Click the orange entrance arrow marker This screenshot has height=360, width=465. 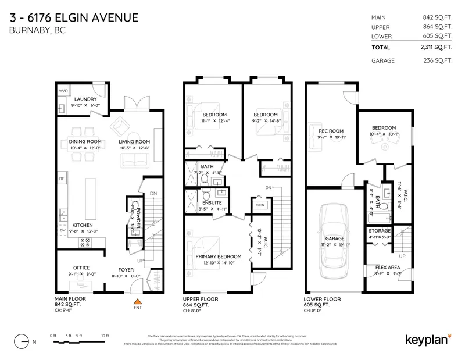click(x=138, y=301)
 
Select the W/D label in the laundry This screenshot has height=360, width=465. click(x=63, y=91)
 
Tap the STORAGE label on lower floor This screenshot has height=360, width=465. click(x=380, y=230)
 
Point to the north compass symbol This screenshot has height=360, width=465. click(x=22, y=340)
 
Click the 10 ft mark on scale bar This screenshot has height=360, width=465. click(x=105, y=336)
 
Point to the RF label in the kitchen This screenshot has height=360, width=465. click(x=61, y=179)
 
